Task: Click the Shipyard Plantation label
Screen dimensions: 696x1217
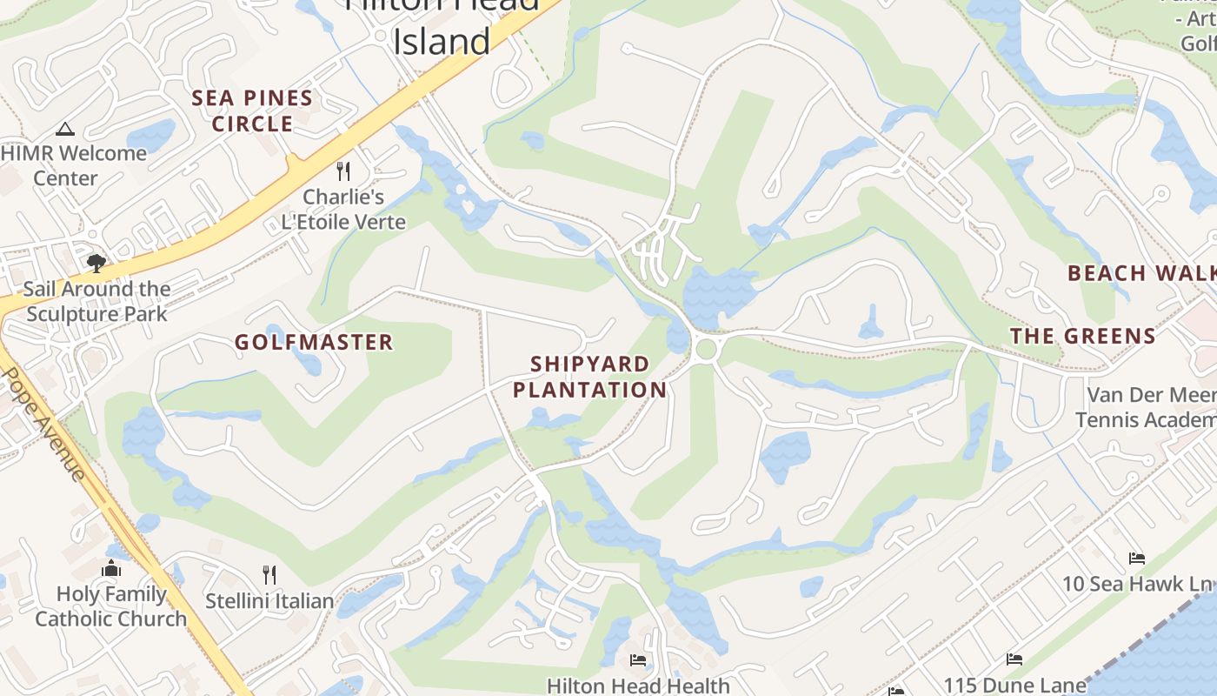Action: (589, 377)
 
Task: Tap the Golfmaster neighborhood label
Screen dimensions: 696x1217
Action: (314, 342)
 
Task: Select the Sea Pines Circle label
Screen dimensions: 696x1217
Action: (252, 110)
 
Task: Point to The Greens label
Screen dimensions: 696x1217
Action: (1082, 336)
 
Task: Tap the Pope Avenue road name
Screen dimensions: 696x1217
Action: (44, 424)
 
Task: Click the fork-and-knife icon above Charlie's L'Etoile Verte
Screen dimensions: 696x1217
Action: (343, 171)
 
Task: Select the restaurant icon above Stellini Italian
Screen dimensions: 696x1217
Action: (269, 574)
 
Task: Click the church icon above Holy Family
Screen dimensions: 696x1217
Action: (111, 569)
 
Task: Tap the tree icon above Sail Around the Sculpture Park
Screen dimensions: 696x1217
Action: (96, 263)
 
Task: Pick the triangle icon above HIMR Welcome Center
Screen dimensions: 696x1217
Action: (64, 130)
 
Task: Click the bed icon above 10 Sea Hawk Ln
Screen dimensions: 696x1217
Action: (1136, 558)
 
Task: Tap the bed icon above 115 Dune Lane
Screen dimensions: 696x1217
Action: (1014, 659)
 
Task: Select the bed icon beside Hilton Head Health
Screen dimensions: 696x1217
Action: (638, 660)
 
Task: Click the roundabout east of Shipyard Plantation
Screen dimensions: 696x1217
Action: (706, 350)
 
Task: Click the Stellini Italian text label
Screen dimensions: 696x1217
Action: (269, 600)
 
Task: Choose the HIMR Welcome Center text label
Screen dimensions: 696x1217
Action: (73, 165)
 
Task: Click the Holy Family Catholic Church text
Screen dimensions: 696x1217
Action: (111, 606)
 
